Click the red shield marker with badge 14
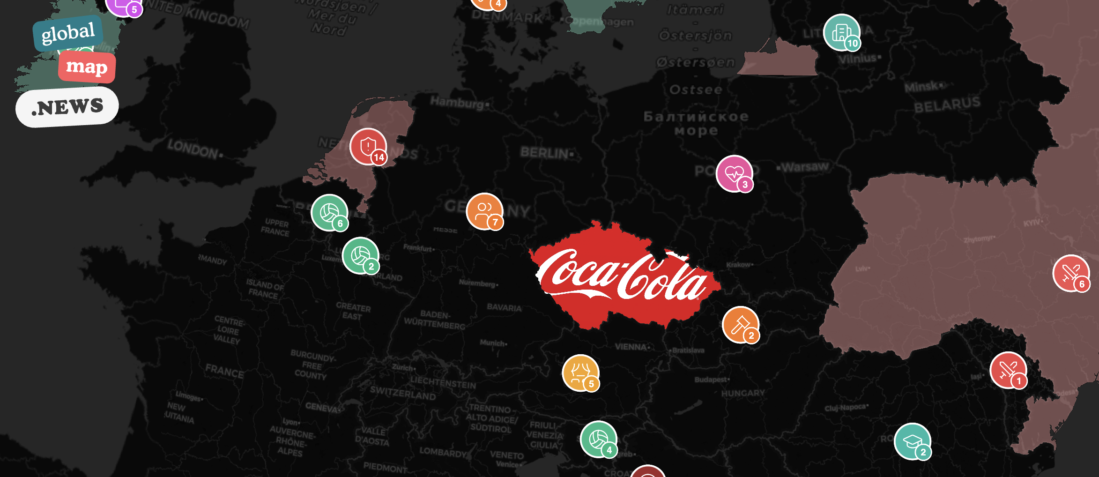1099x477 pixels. pyautogui.click(x=368, y=147)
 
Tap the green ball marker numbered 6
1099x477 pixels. pyautogui.click(x=329, y=213)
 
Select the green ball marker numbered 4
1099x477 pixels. pyautogui.click(x=598, y=439)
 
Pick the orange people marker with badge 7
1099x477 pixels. pyautogui.click(x=484, y=211)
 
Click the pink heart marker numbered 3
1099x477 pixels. pyautogui.click(x=734, y=173)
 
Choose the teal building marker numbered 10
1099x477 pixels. pyautogui.click(x=841, y=32)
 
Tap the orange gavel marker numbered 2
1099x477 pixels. pyautogui.click(x=740, y=324)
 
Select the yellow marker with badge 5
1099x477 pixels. pyautogui.click(x=580, y=373)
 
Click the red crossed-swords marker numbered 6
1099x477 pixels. pyautogui.click(x=1070, y=273)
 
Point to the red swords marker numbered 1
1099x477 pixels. pyautogui.click(x=1008, y=370)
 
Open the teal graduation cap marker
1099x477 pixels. pyautogui.click(x=912, y=441)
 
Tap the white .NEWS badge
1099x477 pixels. pyautogui.click(x=67, y=107)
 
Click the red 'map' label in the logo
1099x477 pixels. pyautogui.click(x=87, y=67)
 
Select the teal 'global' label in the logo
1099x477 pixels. pyautogui.click(x=68, y=33)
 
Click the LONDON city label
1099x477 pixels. pyautogui.click(x=193, y=149)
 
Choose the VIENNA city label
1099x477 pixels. pyautogui.click(x=632, y=347)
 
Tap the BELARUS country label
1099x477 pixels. pyautogui.click(x=947, y=105)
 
